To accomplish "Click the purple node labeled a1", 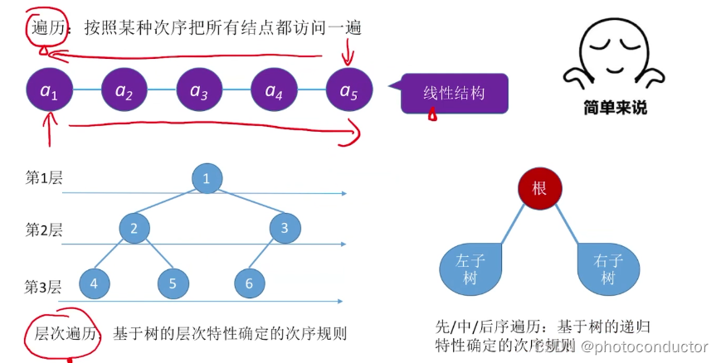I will [49, 89].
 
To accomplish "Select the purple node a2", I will [124, 89].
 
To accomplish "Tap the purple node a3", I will [199, 89].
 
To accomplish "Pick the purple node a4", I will [274, 89].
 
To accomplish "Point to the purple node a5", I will [348, 89].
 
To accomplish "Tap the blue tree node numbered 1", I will [207, 178].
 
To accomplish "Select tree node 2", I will [134, 228].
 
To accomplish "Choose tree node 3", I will [285, 228].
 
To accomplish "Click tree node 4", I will [95, 283].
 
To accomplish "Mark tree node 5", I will [173, 283].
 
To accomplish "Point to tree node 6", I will [248, 283].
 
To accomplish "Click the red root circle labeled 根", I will [539, 188].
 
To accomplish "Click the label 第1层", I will [44, 178].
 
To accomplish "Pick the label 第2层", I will [44, 230].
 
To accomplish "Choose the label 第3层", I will [44, 287].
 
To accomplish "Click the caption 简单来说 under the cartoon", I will [615, 108].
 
